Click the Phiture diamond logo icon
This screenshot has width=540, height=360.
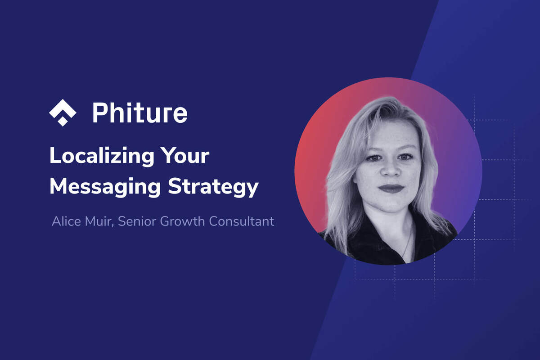[x=63, y=112]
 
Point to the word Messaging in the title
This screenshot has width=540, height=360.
[x=104, y=186]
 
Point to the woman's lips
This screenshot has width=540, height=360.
[x=390, y=188]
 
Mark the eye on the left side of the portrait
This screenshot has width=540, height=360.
[x=372, y=157]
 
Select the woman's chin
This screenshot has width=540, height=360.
[x=391, y=205]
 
